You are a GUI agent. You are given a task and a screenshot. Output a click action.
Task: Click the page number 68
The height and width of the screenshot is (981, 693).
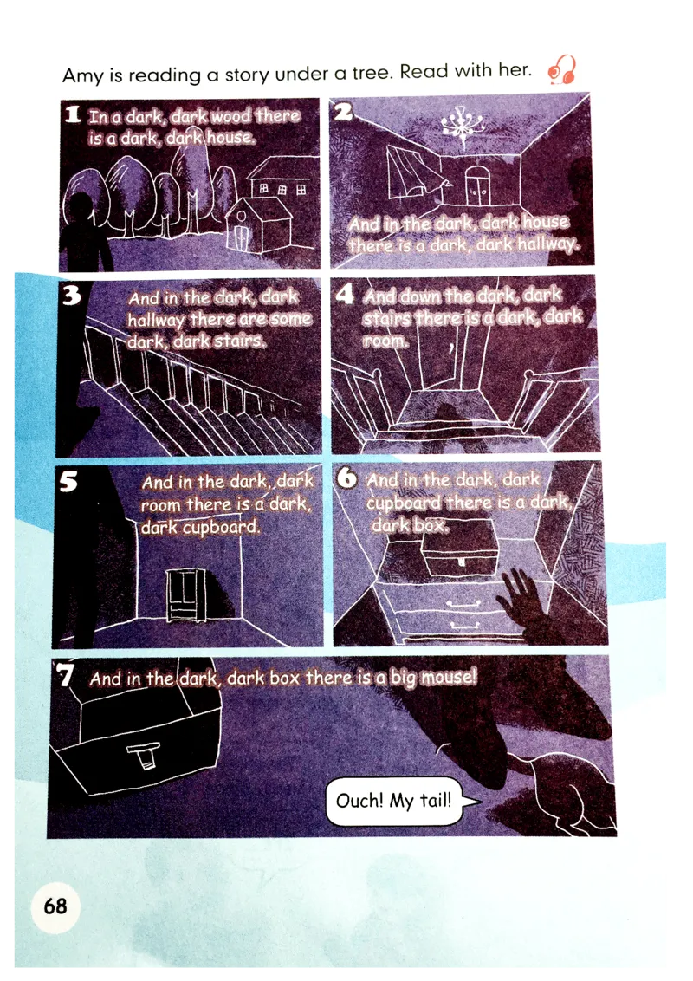pyautogui.click(x=55, y=906)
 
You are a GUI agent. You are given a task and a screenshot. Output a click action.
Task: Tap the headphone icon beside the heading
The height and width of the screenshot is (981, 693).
pyautogui.click(x=561, y=70)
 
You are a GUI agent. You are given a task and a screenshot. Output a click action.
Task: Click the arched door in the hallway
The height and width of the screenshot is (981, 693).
pyautogui.click(x=476, y=185)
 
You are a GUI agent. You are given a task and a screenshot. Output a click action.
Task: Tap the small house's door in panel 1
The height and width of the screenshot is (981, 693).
pyautogui.click(x=242, y=237)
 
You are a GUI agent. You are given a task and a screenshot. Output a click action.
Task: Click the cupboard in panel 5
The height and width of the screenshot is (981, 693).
pyautogui.click(x=186, y=595)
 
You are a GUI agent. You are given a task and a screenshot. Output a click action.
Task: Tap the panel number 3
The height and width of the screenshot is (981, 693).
pyautogui.click(x=72, y=295)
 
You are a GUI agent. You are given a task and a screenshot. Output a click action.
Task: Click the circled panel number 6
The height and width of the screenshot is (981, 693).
pyautogui.click(x=347, y=478)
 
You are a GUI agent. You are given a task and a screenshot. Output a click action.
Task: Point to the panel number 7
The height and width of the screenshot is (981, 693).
pyautogui.click(x=64, y=675)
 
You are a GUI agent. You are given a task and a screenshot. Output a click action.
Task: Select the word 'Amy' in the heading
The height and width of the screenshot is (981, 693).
pyautogui.click(x=82, y=76)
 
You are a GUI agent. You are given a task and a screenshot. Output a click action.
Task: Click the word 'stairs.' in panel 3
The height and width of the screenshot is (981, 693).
pyautogui.click(x=241, y=341)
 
